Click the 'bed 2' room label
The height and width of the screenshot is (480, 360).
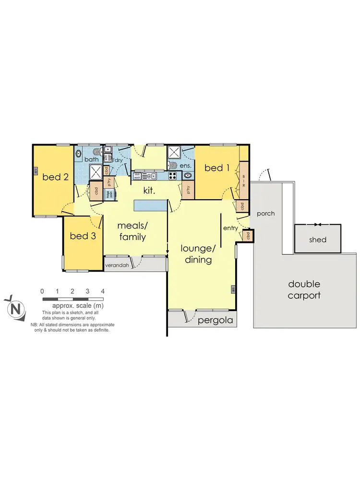click(x=55, y=177)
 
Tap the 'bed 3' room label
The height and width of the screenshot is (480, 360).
click(x=83, y=236)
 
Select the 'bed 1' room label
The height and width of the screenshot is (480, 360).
click(x=217, y=168)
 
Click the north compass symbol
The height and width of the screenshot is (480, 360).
click(x=15, y=308)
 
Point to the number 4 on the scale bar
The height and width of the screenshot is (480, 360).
click(x=103, y=291)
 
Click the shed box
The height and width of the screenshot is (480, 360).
click(x=318, y=239)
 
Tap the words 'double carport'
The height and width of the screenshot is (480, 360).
click(x=304, y=290)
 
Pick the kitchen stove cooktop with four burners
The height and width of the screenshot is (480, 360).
click(x=159, y=176)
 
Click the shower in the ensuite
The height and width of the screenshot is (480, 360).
click(x=174, y=153)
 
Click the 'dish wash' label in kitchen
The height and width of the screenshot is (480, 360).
click(x=137, y=176)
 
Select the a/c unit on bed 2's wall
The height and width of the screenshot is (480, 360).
click(x=36, y=170)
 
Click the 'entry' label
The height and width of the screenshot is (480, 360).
click(x=230, y=228)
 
